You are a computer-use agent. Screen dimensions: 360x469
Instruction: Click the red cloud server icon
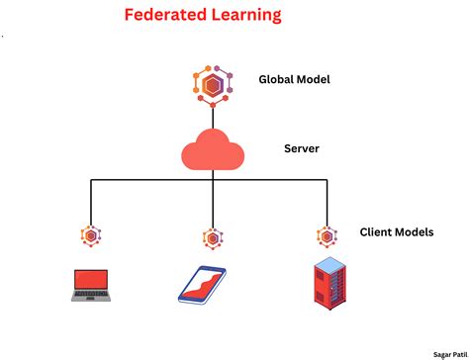tap(212, 151)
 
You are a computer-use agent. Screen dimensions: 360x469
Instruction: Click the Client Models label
tap(396, 232)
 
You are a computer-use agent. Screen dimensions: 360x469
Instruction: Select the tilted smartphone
tap(202, 285)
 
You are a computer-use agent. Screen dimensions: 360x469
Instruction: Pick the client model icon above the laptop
tap(90, 236)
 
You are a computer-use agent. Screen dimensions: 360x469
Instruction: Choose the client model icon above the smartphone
tap(212, 237)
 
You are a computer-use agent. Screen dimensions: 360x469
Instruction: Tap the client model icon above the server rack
tap(327, 235)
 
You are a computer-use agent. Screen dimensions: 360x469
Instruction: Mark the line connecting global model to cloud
tap(212, 117)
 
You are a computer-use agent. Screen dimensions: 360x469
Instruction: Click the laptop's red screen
tap(91, 281)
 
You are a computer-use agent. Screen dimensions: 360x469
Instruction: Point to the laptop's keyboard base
tap(91, 299)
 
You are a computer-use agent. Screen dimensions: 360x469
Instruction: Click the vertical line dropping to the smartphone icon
tap(212, 203)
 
